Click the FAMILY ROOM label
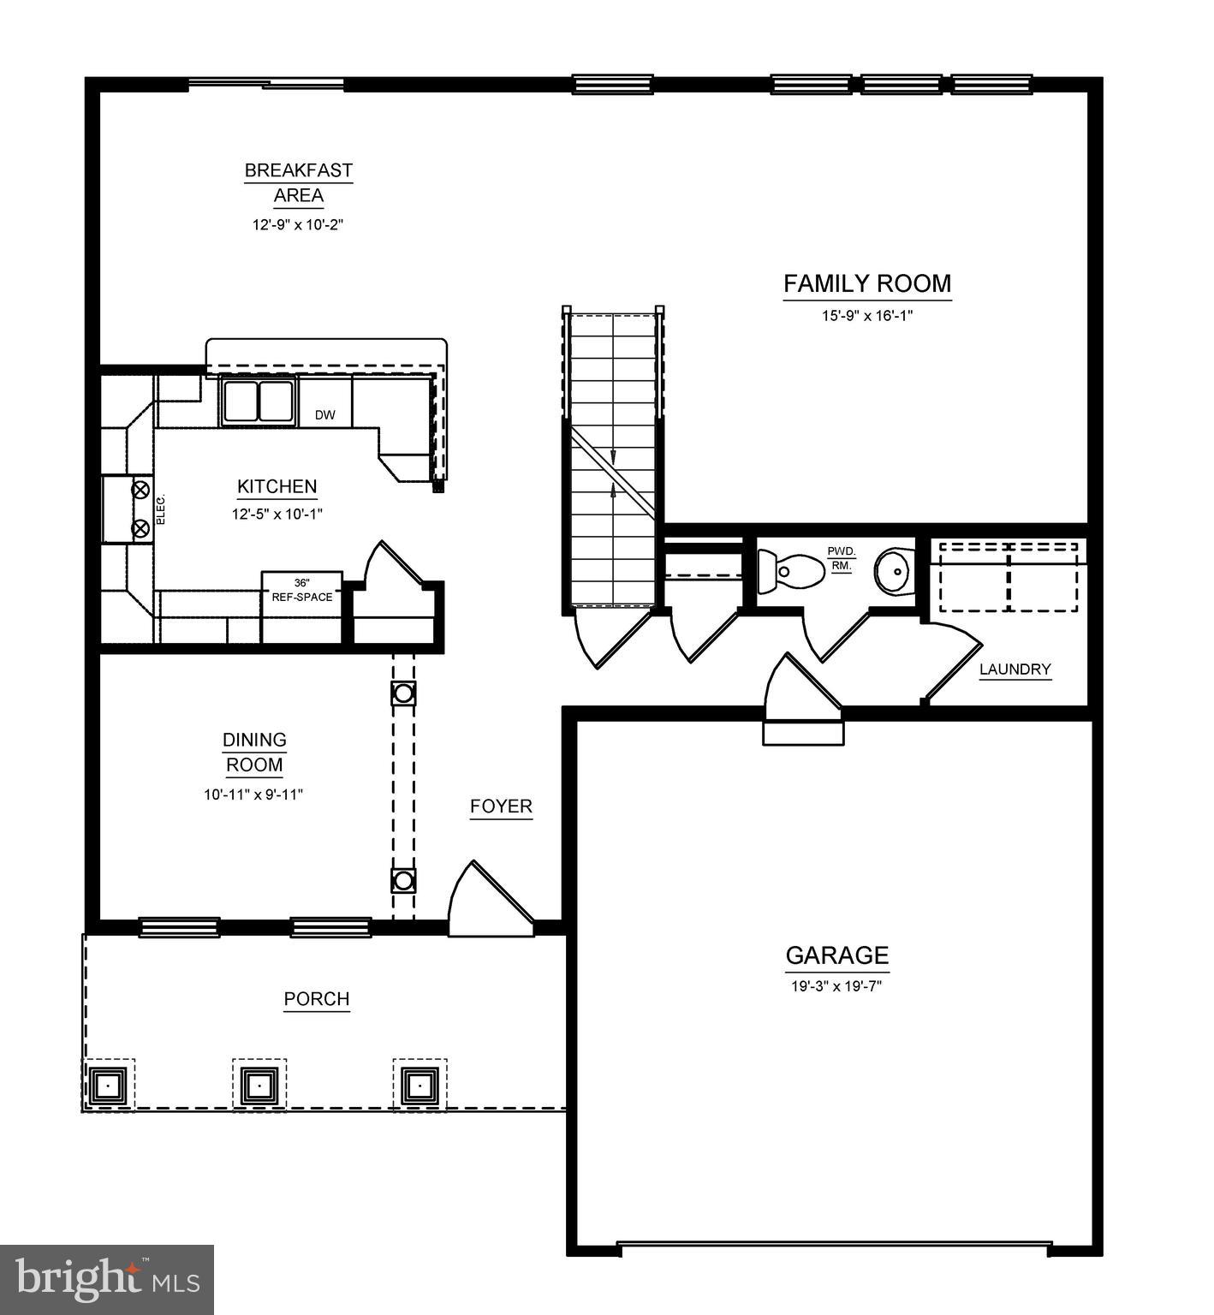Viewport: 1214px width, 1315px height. coord(866,283)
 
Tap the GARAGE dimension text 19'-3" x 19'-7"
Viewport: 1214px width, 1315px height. coord(836,986)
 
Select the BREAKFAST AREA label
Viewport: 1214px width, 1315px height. coord(298,182)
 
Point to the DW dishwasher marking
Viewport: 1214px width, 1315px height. coord(324,415)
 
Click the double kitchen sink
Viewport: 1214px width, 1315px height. coord(258,400)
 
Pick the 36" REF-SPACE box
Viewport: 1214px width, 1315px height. coord(301,591)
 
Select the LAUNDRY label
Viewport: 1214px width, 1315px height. coord(1015,669)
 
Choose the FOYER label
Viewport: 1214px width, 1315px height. coord(501,806)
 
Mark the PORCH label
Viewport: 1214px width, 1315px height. coord(317,999)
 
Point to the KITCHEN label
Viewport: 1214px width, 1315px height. coord(277,486)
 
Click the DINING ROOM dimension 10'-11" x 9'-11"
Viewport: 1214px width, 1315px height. coord(253,794)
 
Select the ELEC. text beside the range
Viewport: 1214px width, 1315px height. coord(161,509)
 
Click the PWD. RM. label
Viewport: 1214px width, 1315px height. coord(841,558)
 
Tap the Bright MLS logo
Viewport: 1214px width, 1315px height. coord(107,1279)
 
